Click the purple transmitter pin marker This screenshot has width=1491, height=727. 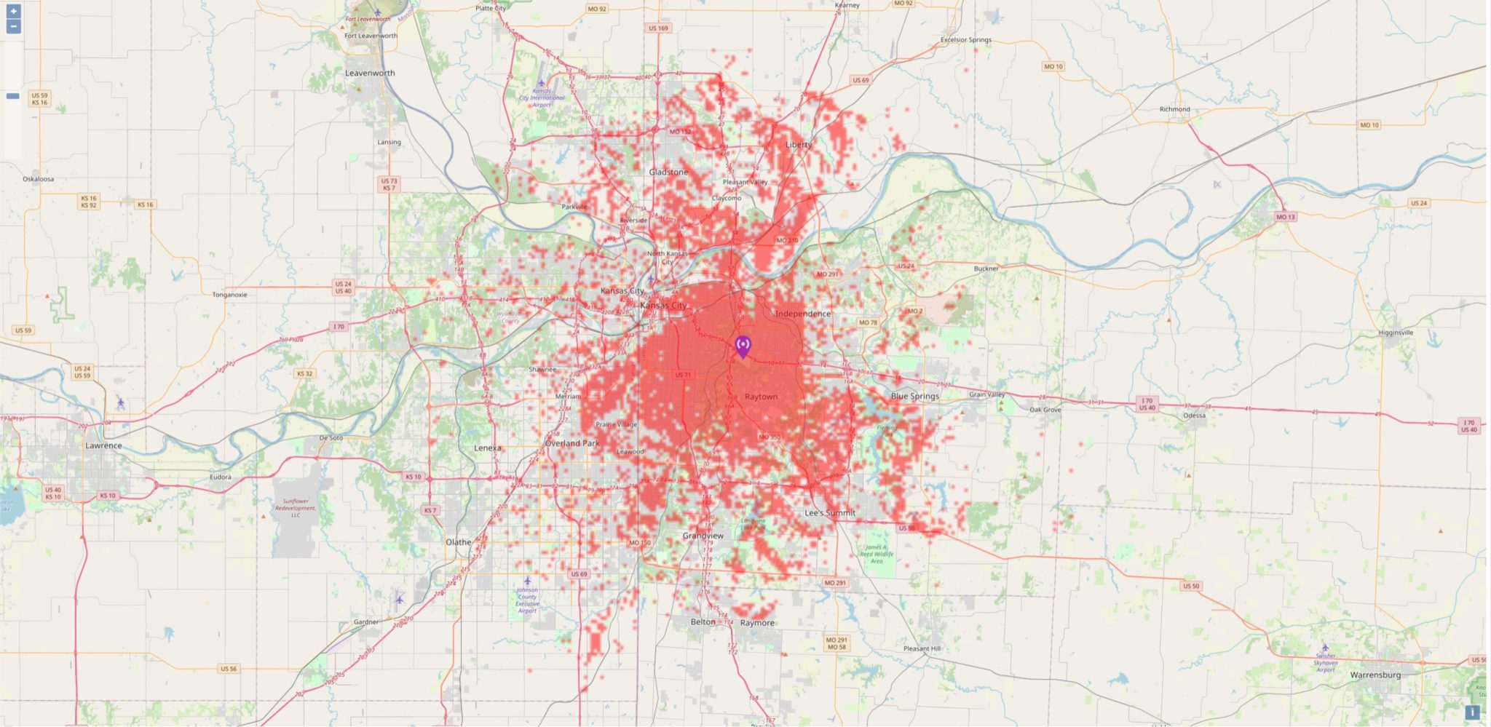(743, 346)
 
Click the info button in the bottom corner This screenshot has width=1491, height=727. (1472, 712)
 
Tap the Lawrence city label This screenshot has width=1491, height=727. (103, 445)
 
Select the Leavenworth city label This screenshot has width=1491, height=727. (370, 74)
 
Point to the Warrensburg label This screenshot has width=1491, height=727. (1375, 675)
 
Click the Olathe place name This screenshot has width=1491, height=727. (459, 542)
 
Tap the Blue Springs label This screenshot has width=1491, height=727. (914, 397)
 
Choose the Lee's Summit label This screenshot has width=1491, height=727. (830, 513)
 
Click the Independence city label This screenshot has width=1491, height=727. (803, 314)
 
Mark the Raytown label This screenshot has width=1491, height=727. (761, 397)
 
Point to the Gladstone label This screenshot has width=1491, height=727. (668, 172)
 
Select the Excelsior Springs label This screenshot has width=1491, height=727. (965, 40)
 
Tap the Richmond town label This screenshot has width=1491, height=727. (1174, 109)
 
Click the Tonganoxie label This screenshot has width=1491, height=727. (229, 295)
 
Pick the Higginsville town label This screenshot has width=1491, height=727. (1396, 333)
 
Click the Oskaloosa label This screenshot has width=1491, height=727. (38, 179)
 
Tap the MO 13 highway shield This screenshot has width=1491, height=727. (1286, 217)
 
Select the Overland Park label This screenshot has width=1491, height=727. (572, 443)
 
